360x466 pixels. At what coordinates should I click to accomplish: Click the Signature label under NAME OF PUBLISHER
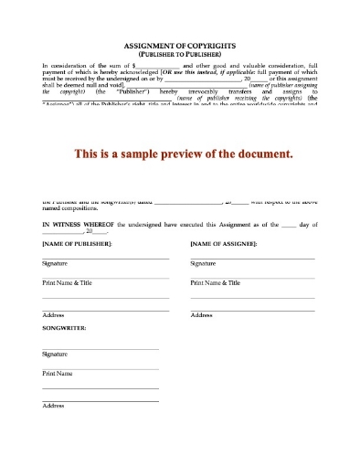55,264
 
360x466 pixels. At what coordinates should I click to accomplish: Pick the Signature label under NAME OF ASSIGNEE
203,264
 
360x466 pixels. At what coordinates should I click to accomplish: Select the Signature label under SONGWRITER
55,354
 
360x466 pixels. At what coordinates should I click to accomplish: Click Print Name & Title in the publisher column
67,283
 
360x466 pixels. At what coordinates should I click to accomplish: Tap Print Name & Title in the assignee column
215,283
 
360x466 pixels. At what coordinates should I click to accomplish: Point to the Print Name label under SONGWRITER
57,374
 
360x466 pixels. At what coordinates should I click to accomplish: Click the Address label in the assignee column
201,315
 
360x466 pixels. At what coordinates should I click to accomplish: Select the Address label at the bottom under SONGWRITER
53,406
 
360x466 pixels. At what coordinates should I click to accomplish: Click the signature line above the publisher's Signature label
105,259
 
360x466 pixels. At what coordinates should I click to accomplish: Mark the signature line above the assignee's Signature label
252,259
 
